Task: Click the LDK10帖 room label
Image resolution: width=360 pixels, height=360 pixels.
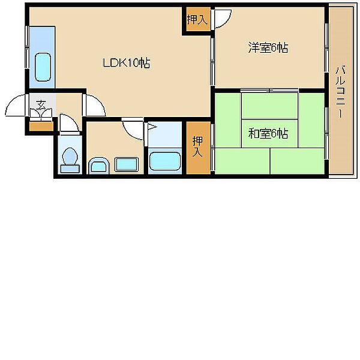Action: (x=127, y=63)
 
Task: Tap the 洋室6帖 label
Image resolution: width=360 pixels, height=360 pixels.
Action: (x=268, y=48)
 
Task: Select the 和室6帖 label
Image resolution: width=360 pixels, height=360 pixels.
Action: (x=268, y=133)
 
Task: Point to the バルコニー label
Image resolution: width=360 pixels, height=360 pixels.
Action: (x=340, y=92)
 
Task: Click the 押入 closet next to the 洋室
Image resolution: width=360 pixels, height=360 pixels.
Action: (x=198, y=19)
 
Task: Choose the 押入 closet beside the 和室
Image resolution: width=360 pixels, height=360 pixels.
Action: (x=198, y=148)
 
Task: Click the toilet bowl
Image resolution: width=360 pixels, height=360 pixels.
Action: (x=70, y=157)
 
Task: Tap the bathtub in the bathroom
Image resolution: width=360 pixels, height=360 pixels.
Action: (x=165, y=161)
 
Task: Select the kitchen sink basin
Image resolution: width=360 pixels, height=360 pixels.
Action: (x=43, y=67)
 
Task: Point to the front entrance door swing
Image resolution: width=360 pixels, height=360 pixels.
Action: (x=15, y=105)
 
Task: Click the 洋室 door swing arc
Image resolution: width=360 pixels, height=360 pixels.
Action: (x=223, y=19)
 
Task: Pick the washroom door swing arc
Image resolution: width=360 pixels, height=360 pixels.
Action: (x=133, y=130)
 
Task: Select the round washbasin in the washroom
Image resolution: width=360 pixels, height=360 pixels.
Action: (x=99, y=164)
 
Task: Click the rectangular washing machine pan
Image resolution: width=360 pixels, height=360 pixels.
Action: (x=127, y=164)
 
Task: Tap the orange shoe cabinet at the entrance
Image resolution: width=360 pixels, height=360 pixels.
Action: (x=41, y=126)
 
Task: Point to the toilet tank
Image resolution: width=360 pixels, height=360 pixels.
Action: (x=70, y=169)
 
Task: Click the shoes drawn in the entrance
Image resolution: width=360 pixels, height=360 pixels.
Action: (x=41, y=113)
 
